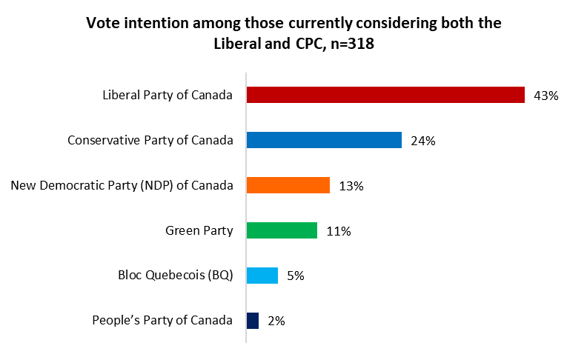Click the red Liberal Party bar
click(x=385, y=95)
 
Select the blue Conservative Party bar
click(x=324, y=140)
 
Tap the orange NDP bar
click(x=288, y=185)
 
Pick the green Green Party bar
click(x=282, y=230)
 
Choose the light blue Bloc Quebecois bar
click(x=262, y=276)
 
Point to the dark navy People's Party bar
click(x=252, y=321)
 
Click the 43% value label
click(x=545, y=96)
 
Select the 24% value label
click(x=422, y=141)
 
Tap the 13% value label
click(x=351, y=186)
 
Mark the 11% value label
click(x=338, y=231)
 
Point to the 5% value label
click(x=295, y=276)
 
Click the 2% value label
click(x=276, y=321)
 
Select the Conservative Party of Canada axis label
click(x=150, y=140)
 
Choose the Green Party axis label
click(x=199, y=230)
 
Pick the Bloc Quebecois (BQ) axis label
click(x=176, y=276)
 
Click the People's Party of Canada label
click(x=162, y=321)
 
